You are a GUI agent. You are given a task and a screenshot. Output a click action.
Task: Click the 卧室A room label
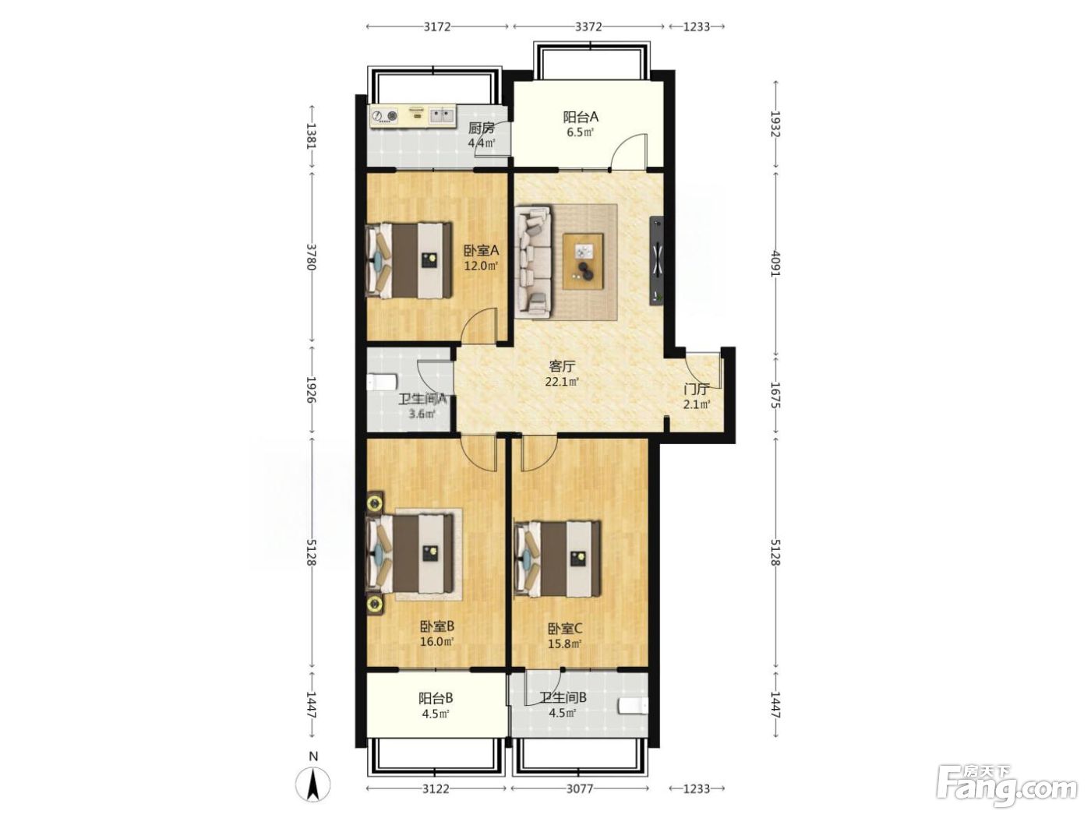point(481,250)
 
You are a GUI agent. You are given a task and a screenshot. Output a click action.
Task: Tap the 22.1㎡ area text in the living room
point(562,382)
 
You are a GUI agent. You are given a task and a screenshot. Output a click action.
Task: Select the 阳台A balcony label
point(580,117)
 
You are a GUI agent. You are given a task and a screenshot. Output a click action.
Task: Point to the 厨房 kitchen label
point(481,128)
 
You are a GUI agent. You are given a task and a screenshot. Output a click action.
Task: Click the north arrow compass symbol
point(312,785)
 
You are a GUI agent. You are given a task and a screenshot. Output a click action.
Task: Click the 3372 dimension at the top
point(588,26)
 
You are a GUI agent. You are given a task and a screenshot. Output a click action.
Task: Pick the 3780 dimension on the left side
point(312,257)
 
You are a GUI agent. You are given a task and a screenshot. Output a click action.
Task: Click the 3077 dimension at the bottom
point(580,788)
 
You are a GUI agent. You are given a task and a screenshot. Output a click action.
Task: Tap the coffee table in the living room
point(583,261)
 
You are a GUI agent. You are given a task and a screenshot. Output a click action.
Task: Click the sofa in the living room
point(535,262)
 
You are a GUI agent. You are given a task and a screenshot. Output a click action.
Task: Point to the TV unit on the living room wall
point(657,261)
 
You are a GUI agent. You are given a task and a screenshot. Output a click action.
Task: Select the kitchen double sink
point(94,116)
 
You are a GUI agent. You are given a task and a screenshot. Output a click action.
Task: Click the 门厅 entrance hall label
point(696,389)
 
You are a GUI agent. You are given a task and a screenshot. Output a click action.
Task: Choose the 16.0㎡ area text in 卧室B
point(437,641)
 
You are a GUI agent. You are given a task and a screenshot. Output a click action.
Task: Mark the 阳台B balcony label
point(436,699)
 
